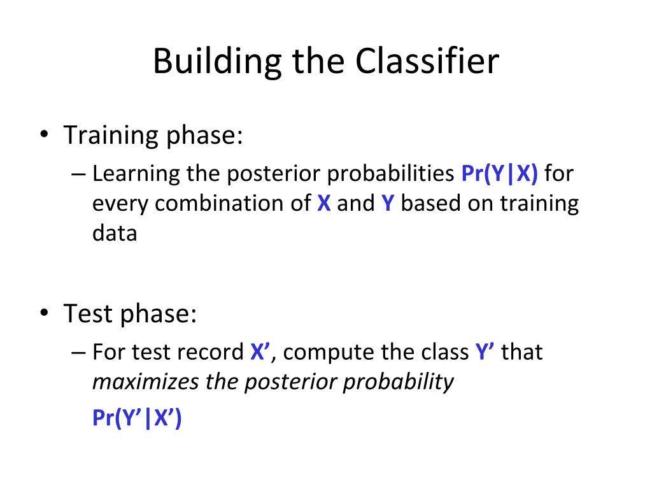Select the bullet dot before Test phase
point(44,312)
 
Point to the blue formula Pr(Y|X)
point(499,173)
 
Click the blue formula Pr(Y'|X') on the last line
point(137,418)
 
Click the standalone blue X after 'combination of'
point(324,203)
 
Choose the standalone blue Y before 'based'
point(388,203)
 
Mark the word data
point(115,233)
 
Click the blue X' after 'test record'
point(260,351)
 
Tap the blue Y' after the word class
point(485,351)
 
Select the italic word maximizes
point(146,382)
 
